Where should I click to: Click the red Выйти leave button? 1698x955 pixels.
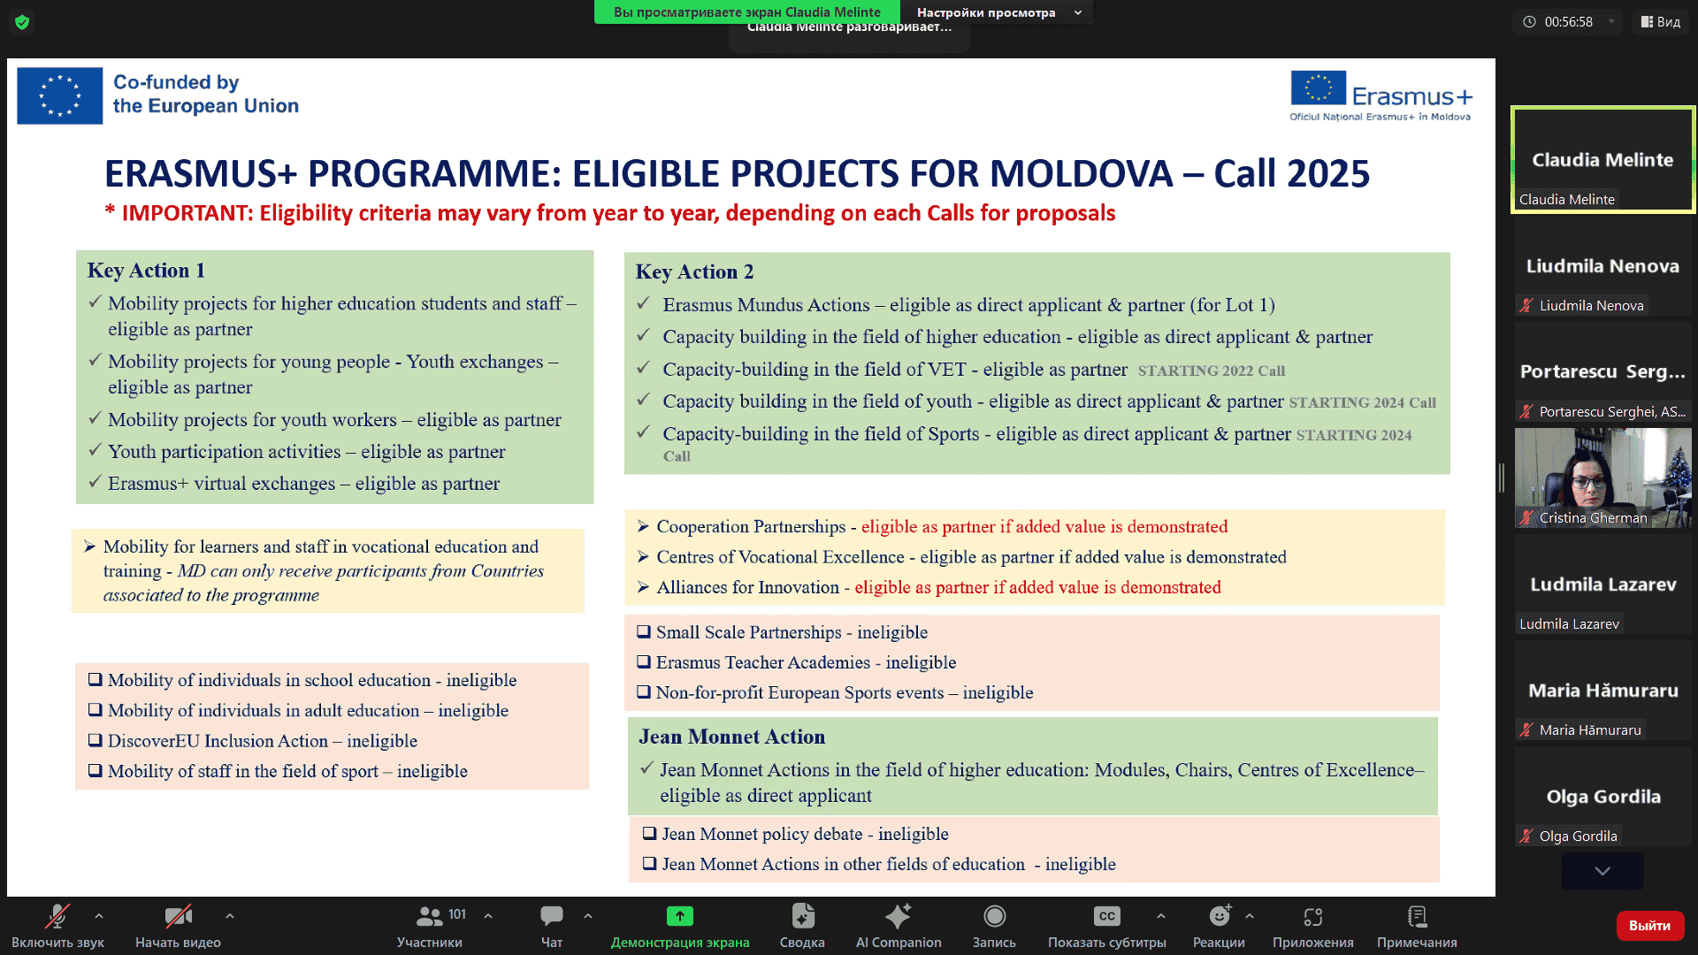pos(1649,925)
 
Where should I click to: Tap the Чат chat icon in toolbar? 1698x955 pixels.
pos(552,916)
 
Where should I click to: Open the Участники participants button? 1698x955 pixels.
pos(430,916)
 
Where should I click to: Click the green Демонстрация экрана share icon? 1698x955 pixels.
pos(679,916)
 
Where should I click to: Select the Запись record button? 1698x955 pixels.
pos(994,916)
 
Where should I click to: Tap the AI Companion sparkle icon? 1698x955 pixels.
pos(898,916)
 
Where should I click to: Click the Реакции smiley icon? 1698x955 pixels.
pos(1219,916)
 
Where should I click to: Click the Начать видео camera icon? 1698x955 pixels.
pos(178,916)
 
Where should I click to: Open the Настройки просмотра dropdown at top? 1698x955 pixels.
pos(998,12)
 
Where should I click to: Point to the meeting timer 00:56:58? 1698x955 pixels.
pos(1568,22)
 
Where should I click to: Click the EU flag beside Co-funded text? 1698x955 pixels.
pos(60,95)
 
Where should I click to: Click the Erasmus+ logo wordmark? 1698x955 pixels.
pos(1411,95)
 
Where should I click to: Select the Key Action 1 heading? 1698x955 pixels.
pos(146,271)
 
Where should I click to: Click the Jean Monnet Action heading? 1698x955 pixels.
pos(731,737)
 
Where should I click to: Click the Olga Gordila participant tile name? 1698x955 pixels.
pos(1602,797)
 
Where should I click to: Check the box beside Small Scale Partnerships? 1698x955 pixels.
pos(644,632)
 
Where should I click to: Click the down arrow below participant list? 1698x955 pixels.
pos(1602,871)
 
